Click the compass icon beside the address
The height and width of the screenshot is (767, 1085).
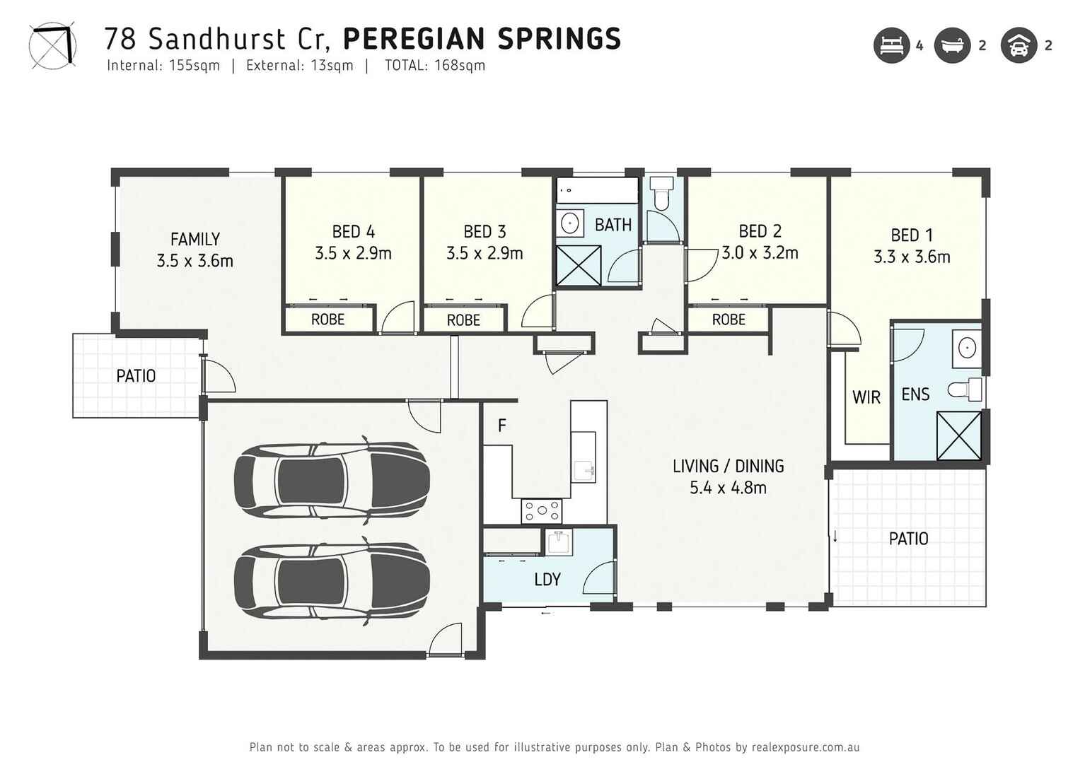[52, 46]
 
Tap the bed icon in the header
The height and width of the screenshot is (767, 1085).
[891, 45]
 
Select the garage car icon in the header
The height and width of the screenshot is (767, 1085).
[1019, 45]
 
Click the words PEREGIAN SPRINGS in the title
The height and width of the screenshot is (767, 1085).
[482, 39]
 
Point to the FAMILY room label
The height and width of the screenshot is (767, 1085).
[195, 240]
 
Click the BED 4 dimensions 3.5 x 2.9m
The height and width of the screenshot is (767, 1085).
[353, 254]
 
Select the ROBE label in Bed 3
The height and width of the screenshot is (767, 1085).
[463, 320]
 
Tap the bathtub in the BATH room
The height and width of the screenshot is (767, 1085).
[597, 190]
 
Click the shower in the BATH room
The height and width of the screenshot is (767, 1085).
[579, 266]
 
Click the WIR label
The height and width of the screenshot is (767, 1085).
[866, 397]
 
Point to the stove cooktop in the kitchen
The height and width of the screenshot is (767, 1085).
[541, 510]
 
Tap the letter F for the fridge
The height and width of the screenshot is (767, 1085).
[501, 426]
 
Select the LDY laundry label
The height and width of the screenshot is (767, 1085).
[547, 580]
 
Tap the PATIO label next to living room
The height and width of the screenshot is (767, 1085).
[908, 539]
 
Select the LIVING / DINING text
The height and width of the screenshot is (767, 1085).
[728, 467]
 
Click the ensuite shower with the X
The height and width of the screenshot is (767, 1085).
[958, 435]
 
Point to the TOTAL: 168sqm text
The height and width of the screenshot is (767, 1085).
[434, 66]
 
